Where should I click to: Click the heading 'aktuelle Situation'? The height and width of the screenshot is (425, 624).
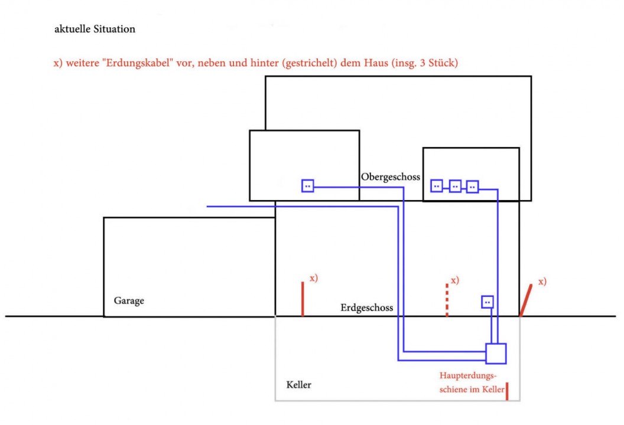pos(95,30)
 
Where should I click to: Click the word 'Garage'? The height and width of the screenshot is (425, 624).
pos(129,300)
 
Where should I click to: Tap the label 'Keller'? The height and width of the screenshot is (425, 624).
pos(298,385)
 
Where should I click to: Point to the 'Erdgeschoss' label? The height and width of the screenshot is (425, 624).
pos(366,308)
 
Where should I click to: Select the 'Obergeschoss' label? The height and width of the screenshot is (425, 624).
pos(390,176)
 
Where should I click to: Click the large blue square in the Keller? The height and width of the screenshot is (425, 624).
pos(496,353)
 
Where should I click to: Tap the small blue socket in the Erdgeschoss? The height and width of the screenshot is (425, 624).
pos(487,302)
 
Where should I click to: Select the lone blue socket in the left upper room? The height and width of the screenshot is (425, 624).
pos(307,186)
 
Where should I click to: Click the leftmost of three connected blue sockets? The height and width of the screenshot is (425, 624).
pos(437,186)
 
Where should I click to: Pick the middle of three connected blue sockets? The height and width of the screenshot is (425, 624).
pos(455,186)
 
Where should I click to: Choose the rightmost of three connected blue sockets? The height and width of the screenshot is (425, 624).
pos(472,186)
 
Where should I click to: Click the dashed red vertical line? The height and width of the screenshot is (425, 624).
pos(447,300)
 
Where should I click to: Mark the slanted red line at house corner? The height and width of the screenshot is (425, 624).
pos(525,300)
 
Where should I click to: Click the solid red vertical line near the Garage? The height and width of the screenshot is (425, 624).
pos(303,299)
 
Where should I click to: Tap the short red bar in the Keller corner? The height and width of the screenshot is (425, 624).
pos(507,391)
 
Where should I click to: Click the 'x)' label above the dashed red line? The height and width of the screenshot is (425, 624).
pos(455,280)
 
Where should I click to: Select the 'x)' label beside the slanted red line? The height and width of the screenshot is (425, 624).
pos(542,281)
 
